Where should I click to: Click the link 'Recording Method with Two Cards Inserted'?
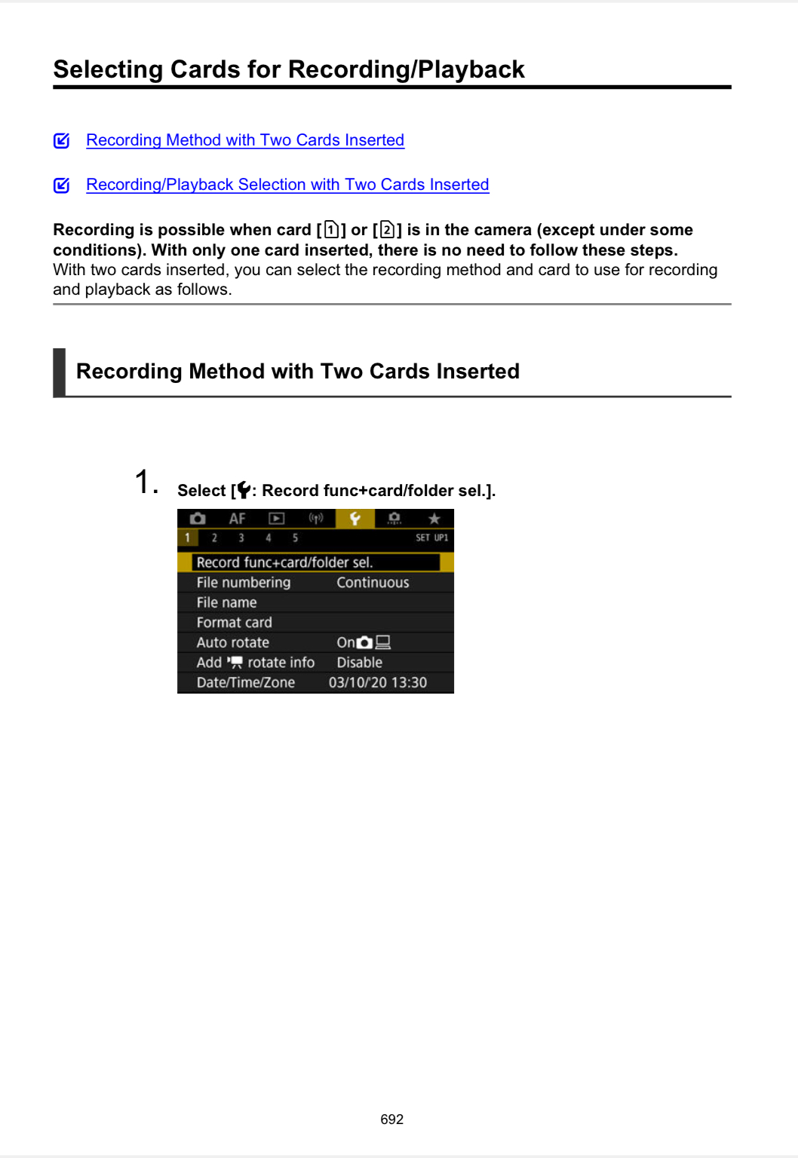point(245,140)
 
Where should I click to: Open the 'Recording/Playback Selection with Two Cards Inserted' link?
point(287,185)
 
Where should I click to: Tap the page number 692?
point(391,1120)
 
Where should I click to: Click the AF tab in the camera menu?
point(237,519)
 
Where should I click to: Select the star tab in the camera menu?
point(434,519)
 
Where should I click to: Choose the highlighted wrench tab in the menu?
point(354,519)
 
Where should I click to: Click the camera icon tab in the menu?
point(198,519)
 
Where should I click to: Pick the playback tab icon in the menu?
point(277,519)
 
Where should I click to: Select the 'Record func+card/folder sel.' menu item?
point(284,562)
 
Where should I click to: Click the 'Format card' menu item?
point(234,623)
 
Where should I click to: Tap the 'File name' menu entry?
point(226,602)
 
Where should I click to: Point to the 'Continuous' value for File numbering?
point(373,583)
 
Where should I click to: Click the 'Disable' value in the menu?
point(359,663)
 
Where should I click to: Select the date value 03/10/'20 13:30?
point(377,683)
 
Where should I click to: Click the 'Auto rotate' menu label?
point(232,642)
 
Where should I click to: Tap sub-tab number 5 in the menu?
point(295,538)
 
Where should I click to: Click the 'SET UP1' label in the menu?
point(431,538)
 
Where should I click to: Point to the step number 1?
point(145,482)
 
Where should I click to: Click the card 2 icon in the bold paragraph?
point(387,230)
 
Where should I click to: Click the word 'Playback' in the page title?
point(471,69)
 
